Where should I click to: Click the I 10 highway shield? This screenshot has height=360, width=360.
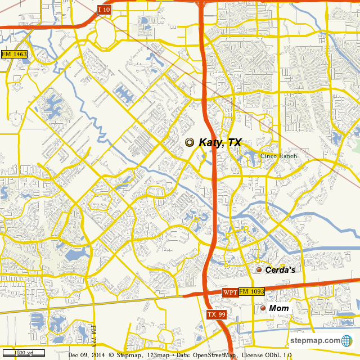pyautogui.click(x=104, y=10)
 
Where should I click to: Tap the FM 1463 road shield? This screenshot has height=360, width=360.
pyautogui.click(x=14, y=54)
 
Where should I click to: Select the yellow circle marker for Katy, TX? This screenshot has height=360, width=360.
pyautogui.click(x=190, y=143)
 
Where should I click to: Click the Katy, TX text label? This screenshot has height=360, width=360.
pyautogui.click(x=220, y=143)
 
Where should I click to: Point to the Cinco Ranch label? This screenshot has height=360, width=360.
pyautogui.click(x=278, y=156)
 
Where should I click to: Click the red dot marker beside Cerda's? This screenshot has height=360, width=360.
pyautogui.click(x=259, y=271)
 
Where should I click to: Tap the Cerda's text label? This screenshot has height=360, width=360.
pyautogui.click(x=280, y=271)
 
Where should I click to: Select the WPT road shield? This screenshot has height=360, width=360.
pyautogui.click(x=229, y=292)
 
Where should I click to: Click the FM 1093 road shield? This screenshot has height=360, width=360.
pyautogui.click(x=251, y=292)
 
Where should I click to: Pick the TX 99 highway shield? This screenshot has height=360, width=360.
pyautogui.click(x=216, y=314)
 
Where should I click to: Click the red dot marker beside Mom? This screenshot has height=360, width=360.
pyautogui.click(x=263, y=308)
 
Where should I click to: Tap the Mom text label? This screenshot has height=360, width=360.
pyautogui.click(x=278, y=308)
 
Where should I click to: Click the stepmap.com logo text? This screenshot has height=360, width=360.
pyautogui.click(x=315, y=341)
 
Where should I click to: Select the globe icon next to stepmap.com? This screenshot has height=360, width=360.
pyautogui.click(x=346, y=341)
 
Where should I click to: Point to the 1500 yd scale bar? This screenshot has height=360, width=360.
pyautogui.click(x=24, y=353)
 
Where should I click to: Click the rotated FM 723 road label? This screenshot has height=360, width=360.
pyautogui.click(x=94, y=335)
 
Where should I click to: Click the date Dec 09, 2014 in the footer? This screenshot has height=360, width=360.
pyautogui.click(x=87, y=355)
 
